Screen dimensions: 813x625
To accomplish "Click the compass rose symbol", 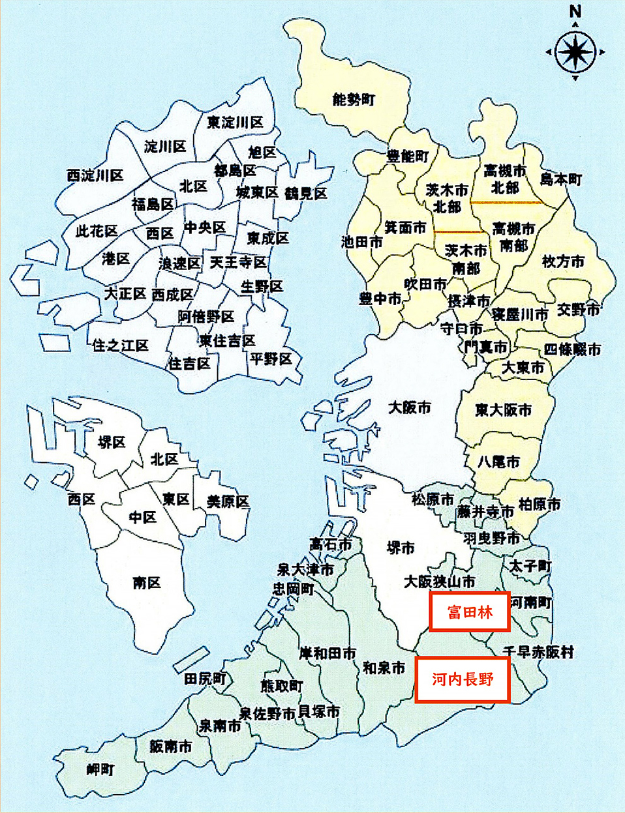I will [575, 51].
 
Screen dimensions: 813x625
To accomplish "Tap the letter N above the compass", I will [575, 12].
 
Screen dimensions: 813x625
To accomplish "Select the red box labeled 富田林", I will [469, 612].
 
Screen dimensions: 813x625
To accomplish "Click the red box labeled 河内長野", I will [462, 679].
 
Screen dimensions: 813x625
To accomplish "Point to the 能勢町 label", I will [354, 100].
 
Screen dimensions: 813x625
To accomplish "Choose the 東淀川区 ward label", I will [235, 122].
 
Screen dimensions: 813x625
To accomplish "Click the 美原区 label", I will [228, 501].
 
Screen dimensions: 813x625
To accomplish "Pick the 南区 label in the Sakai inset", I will [147, 582].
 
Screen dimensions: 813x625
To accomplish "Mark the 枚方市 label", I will [563, 261].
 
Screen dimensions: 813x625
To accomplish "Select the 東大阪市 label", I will [503, 410].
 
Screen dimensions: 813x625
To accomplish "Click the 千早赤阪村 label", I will [539, 652].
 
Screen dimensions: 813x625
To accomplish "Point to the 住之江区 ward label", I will [120, 345].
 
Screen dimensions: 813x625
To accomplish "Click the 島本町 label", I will [561, 179].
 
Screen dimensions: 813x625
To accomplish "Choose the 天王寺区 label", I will [238, 262].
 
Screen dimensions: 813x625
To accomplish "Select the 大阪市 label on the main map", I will [410, 407].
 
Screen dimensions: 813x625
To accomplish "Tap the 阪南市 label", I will [171, 746].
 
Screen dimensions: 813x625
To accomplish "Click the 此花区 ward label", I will [97, 231].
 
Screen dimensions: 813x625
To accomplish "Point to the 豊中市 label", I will [380, 299].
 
